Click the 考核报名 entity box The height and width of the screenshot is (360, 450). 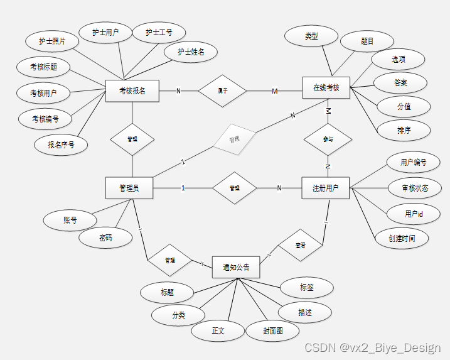tap(132, 91)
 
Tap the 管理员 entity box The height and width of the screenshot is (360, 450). tap(129, 188)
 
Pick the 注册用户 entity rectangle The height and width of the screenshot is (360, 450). tap(325, 188)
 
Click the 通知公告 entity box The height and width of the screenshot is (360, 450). tap(236, 268)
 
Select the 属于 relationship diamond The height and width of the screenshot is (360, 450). tap(222, 91)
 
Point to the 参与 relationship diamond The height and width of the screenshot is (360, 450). tap(328, 139)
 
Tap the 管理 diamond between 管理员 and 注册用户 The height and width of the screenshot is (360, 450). tap(234, 188)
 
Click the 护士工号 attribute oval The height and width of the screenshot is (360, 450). tap(159, 32)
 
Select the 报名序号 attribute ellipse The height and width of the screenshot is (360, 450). tap(61, 145)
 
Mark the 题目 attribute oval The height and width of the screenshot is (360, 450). tap(367, 41)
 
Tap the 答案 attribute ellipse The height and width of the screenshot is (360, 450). tap(400, 83)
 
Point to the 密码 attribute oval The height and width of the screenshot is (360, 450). tap(106, 238)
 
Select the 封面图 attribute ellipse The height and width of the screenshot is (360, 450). tap(272, 330)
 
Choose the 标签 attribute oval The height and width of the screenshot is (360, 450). tap(306, 287)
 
